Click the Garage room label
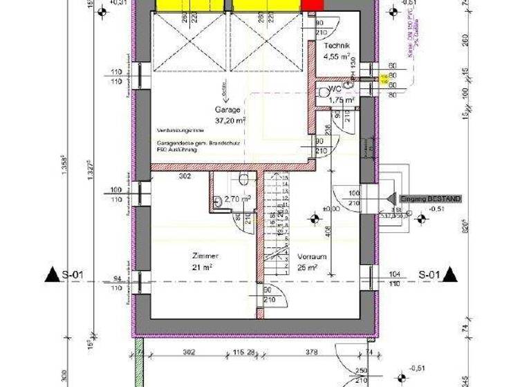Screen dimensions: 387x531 click(x=227, y=109)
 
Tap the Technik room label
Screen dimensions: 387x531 click(x=337, y=46)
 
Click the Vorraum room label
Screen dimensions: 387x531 click(x=312, y=256)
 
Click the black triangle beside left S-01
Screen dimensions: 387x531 click(x=53, y=275)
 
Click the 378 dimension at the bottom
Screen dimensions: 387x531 click(x=311, y=353)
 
